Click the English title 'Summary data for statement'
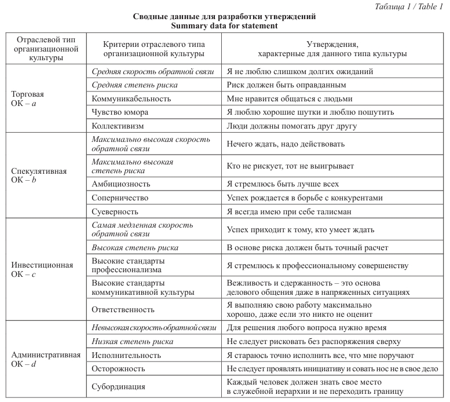(224, 25)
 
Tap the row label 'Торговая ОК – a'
(28, 98)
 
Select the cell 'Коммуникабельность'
(131, 98)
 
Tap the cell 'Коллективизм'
(118, 125)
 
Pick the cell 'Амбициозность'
(121, 184)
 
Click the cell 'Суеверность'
(116, 210)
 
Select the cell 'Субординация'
(119, 386)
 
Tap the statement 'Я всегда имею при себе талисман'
(290, 210)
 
